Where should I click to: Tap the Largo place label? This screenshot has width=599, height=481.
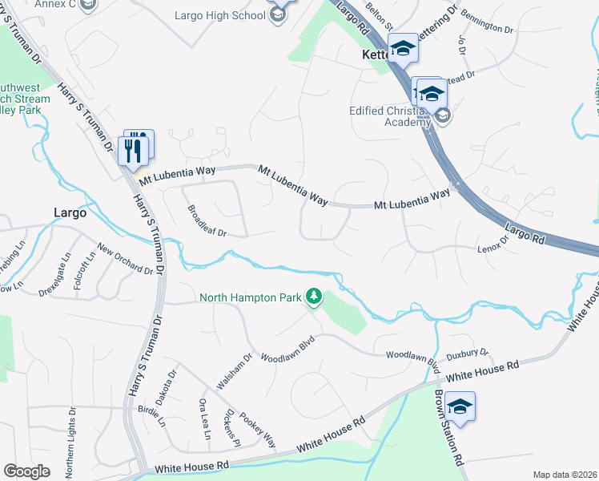[70, 212]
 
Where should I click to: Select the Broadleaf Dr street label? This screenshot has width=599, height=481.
[207, 220]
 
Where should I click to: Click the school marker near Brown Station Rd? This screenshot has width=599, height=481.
[460, 407]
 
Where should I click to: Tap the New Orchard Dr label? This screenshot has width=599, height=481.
[124, 259]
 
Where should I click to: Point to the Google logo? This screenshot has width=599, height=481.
[26, 471]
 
